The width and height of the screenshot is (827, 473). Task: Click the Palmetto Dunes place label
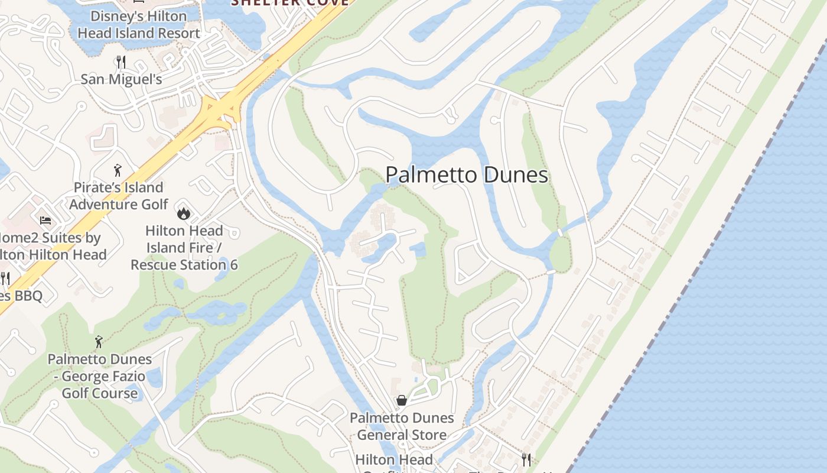467,175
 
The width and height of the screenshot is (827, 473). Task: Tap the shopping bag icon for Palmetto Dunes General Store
402,400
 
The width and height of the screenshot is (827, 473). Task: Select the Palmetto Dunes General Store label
402,426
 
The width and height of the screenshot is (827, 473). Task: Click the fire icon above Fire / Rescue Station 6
184,213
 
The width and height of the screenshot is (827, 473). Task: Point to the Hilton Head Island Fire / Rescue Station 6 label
184,248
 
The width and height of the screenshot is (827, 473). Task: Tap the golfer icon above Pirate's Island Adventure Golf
118,170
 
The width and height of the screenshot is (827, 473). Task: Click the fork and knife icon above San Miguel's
121,61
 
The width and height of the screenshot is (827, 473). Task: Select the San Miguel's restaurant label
121,79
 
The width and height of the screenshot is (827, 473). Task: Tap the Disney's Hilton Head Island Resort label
139,25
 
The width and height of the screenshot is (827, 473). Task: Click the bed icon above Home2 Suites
45,221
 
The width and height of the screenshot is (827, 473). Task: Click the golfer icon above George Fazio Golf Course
99,342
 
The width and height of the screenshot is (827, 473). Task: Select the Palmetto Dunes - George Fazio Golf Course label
99,376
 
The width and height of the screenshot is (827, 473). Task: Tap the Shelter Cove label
289,2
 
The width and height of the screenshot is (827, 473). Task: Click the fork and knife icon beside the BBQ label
5,278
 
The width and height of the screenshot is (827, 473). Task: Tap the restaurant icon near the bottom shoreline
526,459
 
